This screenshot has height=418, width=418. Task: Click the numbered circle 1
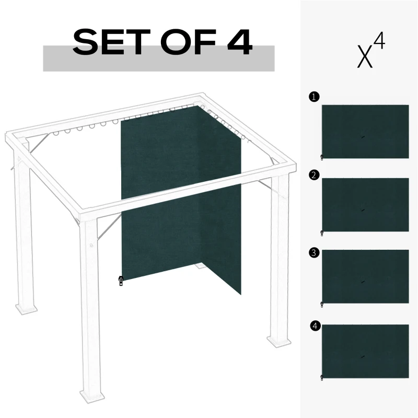tap(313, 97)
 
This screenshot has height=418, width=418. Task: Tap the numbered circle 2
tap(313, 175)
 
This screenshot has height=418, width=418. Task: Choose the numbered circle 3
tap(313, 253)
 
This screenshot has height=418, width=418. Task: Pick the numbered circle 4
tap(314, 327)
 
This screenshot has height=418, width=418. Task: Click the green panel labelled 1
tap(365, 131)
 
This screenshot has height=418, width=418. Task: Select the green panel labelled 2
tap(365, 204)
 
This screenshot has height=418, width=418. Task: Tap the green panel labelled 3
tap(365, 276)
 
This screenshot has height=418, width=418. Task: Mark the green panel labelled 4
tap(365, 351)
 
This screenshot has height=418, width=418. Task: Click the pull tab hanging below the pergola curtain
tap(121, 281)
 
